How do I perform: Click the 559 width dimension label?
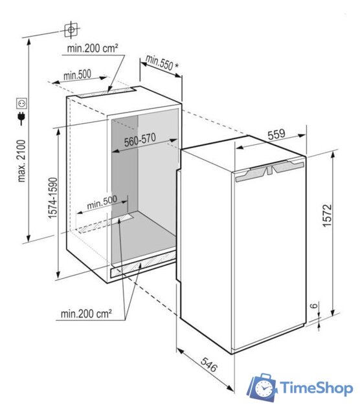coord(276,135)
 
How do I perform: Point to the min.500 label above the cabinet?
coord(76,76)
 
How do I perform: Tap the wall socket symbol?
coord(22,102)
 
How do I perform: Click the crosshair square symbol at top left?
coord(71,30)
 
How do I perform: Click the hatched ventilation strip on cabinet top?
coord(102,94)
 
